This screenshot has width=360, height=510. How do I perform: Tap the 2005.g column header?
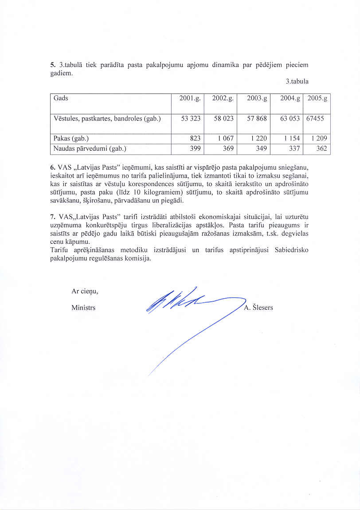[x=317, y=98]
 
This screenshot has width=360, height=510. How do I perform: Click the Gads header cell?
[x=61, y=98]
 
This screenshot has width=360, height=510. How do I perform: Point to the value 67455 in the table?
[x=315, y=119]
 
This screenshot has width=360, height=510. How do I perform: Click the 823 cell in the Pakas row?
[x=195, y=139]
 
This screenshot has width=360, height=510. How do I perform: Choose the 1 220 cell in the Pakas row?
[x=259, y=139]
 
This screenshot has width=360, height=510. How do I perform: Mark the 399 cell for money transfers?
[x=195, y=149]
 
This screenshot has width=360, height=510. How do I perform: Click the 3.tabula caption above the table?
[x=297, y=82]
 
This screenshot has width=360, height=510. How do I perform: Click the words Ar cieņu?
[x=85, y=291]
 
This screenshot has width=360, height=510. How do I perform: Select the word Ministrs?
[x=83, y=308]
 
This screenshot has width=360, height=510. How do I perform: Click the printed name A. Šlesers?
[x=258, y=308]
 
